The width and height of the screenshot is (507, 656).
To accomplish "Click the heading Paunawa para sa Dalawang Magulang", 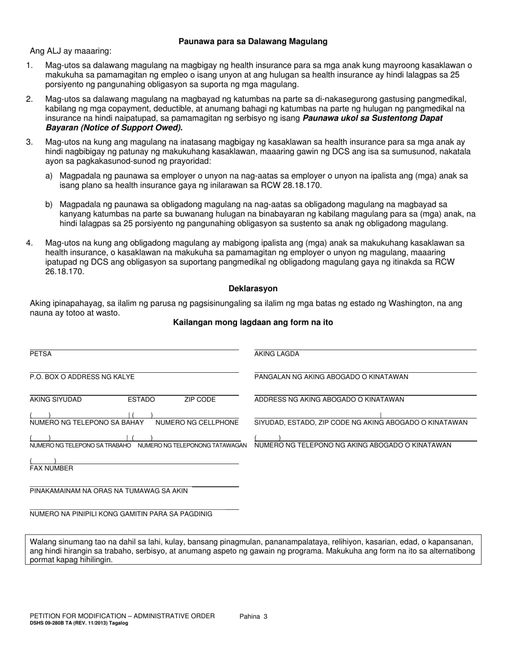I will [x=253, y=41].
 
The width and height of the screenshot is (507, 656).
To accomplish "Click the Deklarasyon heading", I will [x=253, y=289].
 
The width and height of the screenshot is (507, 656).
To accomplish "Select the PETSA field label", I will [x=41, y=354].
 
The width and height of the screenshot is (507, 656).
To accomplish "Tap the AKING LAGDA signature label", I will [x=276, y=354].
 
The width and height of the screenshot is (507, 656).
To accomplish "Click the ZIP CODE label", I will [x=200, y=399].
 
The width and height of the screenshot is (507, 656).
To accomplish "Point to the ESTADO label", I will [x=141, y=399].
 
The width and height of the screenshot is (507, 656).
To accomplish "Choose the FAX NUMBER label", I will [x=52, y=468].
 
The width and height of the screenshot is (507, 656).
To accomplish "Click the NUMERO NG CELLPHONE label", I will [x=196, y=422].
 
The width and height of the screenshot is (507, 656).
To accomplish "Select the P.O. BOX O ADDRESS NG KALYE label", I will [x=82, y=377].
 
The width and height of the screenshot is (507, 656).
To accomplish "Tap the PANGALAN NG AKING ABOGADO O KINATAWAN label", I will [x=331, y=377].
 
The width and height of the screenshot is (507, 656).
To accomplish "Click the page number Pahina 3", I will [x=253, y=617].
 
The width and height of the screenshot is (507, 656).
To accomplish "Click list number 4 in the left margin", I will [x=29, y=243].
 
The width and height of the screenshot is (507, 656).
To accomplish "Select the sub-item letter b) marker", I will [x=49, y=204].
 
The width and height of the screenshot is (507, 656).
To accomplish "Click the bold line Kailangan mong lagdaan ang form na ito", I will [x=253, y=322].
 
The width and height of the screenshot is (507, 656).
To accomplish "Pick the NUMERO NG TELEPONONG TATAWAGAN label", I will [x=192, y=445].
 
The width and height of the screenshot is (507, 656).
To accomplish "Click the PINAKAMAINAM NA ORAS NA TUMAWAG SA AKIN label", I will [x=108, y=491].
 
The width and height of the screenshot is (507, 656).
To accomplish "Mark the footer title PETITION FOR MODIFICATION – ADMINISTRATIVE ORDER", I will [x=122, y=616].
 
